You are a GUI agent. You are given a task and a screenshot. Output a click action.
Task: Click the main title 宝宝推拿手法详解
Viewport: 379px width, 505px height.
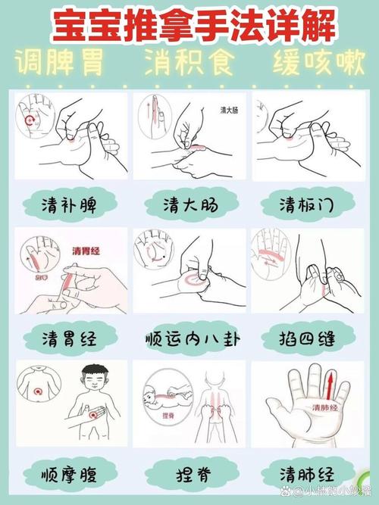click(x=189, y=24)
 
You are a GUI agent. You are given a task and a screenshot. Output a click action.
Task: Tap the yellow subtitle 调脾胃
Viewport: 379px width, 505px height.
click(x=61, y=64)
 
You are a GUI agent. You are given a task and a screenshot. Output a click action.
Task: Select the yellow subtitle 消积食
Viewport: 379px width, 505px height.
click(x=189, y=64)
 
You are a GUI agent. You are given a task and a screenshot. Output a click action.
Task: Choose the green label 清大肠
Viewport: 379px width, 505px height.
click(x=189, y=204)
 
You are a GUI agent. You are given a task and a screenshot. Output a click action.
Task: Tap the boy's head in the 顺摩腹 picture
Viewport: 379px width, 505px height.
click(x=96, y=379)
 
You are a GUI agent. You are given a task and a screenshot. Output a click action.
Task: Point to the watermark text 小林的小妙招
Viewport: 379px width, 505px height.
click(x=334, y=494)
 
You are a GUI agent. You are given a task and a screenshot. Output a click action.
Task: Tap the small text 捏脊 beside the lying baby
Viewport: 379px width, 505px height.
click(x=149, y=416)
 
